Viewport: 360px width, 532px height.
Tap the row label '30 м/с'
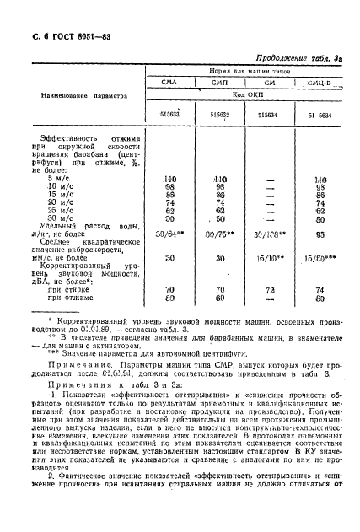point(62,242)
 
